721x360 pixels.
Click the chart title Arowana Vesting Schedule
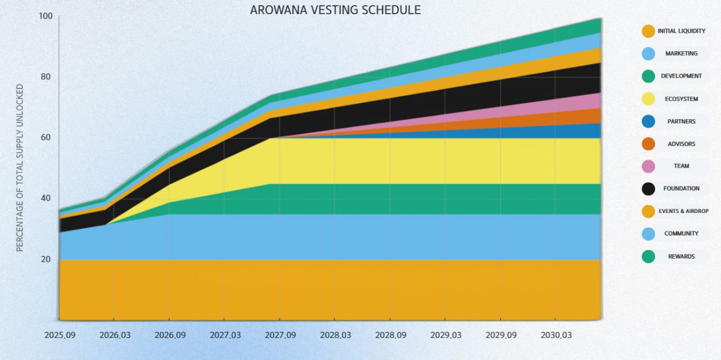(335, 10)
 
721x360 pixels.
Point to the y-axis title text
(20, 167)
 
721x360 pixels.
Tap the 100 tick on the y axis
(46, 16)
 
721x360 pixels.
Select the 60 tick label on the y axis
(46, 137)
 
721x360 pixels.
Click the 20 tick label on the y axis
(46, 259)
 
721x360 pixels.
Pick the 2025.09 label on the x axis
(59, 335)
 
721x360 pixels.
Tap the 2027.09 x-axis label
(280, 335)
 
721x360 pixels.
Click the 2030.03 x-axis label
(556, 335)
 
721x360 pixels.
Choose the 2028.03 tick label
(335, 335)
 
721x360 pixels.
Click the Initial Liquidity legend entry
(681, 31)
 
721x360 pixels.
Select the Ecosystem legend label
(681, 99)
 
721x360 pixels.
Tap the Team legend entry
(681, 166)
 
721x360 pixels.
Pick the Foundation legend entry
(681, 189)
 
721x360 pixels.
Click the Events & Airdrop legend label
(683, 211)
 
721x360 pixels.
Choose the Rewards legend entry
(681, 256)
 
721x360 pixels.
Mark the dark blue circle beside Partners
(648, 121)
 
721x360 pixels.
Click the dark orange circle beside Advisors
(648, 144)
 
